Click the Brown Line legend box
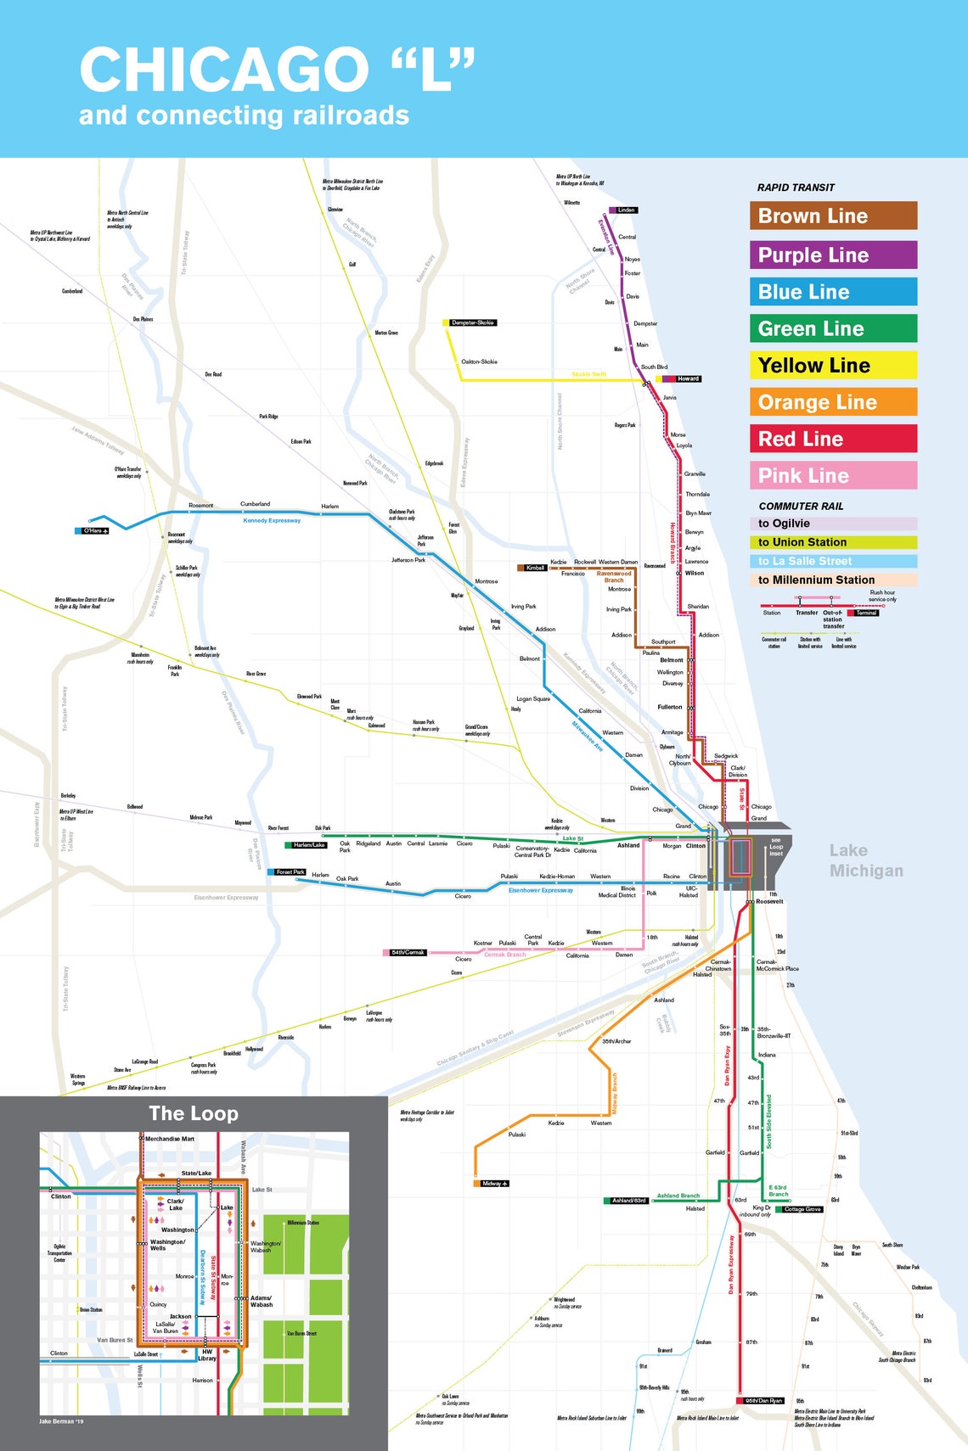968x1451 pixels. coord(833,216)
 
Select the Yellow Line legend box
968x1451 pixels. coord(833,366)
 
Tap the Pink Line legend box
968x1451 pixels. coord(833,475)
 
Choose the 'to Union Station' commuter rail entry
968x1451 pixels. coord(833,542)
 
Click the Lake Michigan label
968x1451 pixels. coord(865,860)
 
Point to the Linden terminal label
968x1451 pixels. coord(626,210)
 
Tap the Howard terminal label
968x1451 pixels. coord(688,378)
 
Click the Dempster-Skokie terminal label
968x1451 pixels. coord(473,322)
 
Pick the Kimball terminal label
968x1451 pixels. coord(535,568)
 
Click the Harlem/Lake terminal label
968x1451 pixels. coord(309,845)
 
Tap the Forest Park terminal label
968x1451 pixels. coord(290,872)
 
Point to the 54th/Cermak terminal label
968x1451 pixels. coord(408,952)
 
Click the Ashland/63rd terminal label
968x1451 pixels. coord(629,1201)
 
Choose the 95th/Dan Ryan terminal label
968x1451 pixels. coord(763,1401)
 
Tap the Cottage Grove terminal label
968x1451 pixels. coord(802,1209)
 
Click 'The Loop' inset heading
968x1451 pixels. coord(194,1113)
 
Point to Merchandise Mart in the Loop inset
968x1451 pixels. coord(170,1139)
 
